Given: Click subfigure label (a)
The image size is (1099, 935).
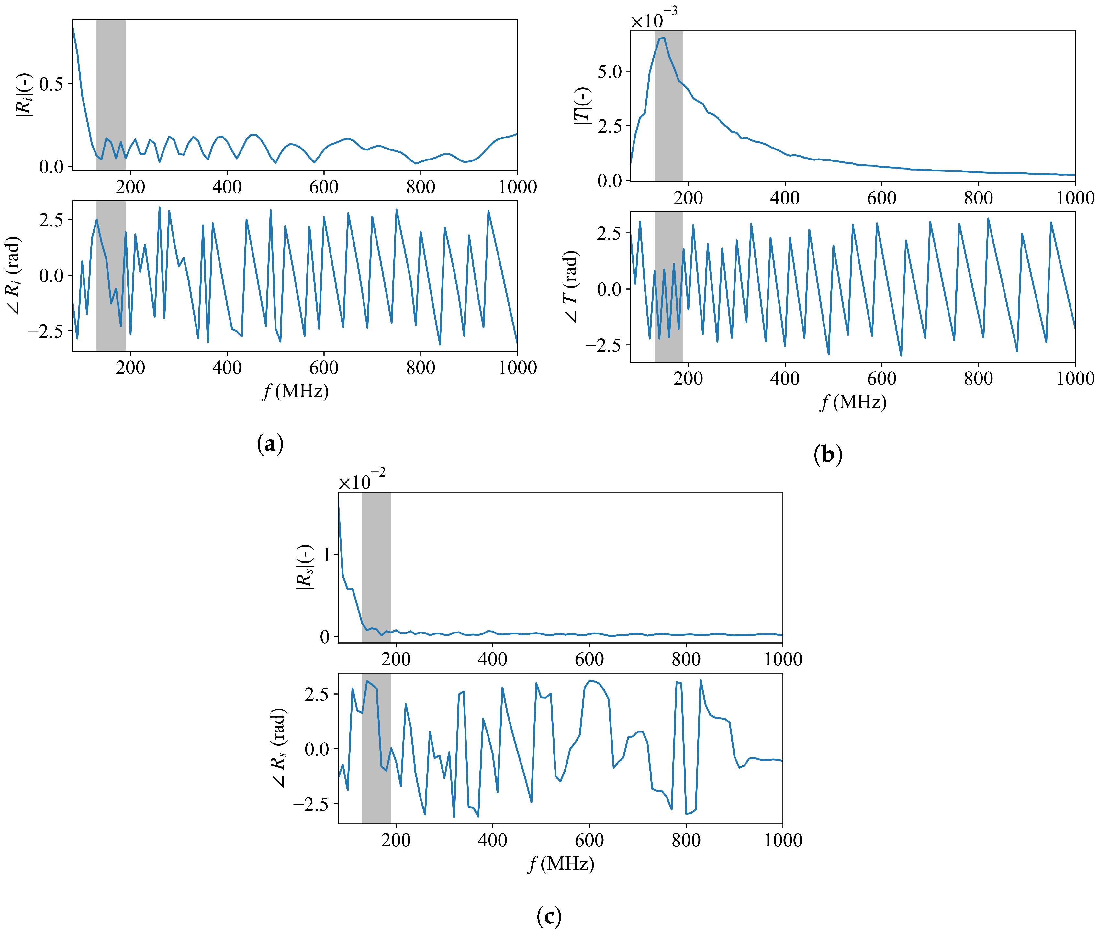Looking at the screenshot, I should coord(270,443).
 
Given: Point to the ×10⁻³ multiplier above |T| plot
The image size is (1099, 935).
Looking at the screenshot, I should coord(654,20).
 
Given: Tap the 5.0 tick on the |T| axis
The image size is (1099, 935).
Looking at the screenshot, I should coord(610,71).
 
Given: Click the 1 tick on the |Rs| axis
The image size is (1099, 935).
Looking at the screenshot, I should coord(326,555).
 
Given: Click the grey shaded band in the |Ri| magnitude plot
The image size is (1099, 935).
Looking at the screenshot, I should coord(111,95).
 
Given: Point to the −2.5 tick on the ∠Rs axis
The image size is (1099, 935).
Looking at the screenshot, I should coord(311,804).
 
